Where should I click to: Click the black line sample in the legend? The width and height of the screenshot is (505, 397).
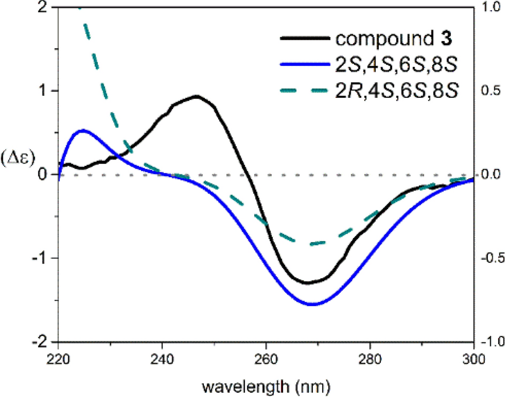tap(302, 39)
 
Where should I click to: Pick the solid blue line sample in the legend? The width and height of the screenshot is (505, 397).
tap(302, 65)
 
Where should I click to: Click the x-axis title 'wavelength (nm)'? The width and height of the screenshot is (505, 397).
tap(266, 385)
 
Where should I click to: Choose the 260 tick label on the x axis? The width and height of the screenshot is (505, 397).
tap(266, 358)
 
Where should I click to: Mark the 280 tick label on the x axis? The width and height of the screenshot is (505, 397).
tap(370, 358)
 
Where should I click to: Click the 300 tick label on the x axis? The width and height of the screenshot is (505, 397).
tap(473, 358)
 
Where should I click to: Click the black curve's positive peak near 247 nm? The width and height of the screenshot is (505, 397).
tap(197, 96)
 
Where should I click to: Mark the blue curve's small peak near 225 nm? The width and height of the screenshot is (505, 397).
tap(83, 130)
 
